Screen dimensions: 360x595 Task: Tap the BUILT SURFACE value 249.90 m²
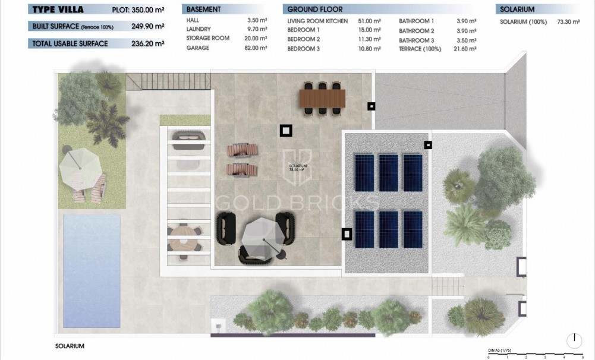click(147, 27)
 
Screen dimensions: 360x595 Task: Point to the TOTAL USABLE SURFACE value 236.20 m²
click(147, 43)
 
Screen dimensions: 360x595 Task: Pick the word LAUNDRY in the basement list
click(199, 29)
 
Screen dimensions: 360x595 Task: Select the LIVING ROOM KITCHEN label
click(317, 21)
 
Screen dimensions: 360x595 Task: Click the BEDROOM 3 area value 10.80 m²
click(369, 49)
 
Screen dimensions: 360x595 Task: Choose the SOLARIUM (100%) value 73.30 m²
click(568, 21)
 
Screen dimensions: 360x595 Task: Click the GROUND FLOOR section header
click(314, 10)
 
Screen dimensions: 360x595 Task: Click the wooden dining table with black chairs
click(322, 97)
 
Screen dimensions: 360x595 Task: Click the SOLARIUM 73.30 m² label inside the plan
click(296, 168)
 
